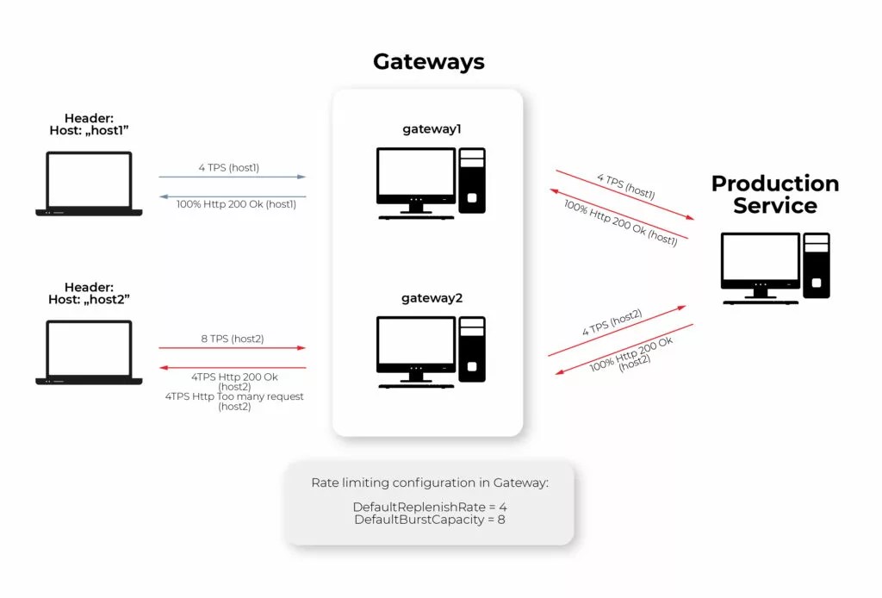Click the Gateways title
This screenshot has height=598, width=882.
point(428,62)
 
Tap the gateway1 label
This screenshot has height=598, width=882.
point(432,129)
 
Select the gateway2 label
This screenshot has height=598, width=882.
point(432,298)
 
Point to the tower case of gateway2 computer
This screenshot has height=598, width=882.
point(472,349)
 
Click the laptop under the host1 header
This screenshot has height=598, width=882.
point(89,184)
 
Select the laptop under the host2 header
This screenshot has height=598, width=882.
point(89,352)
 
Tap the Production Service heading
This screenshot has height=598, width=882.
point(775,195)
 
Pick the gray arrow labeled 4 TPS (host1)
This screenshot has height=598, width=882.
point(232,177)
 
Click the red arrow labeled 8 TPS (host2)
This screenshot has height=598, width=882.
point(232,348)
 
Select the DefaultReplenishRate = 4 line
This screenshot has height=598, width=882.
point(429,507)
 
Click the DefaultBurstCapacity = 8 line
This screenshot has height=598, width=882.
point(429,520)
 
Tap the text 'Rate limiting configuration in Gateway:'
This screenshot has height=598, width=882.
point(429,483)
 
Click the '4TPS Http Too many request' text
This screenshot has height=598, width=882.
point(233,396)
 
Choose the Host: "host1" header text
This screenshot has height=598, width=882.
point(90,130)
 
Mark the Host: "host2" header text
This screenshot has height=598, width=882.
point(90,299)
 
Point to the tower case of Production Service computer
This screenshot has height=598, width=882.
point(816,265)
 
